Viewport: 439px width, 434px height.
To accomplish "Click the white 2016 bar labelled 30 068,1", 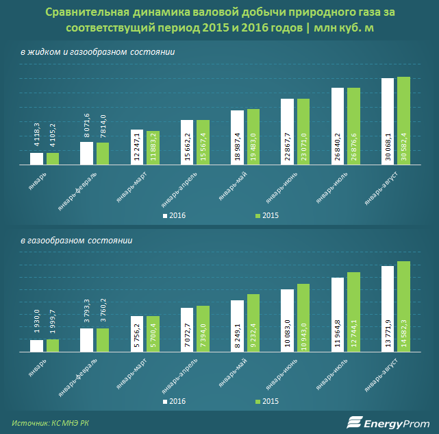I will click(x=388, y=121).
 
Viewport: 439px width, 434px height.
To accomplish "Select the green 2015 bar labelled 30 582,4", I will click(x=403, y=121).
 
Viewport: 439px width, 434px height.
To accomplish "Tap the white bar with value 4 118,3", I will click(x=36, y=158).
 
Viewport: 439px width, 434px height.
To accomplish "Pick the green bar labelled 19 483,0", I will click(x=253, y=137).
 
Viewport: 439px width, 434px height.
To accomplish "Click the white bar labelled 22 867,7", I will click(x=287, y=132).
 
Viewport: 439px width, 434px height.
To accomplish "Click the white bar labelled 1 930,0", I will click(x=36, y=346).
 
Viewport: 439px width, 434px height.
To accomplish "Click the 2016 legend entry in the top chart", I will click(x=175, y=215).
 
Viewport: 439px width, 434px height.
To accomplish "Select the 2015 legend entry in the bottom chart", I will click(x=267, y=402).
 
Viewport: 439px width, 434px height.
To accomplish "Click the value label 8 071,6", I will click(x=87, y=126).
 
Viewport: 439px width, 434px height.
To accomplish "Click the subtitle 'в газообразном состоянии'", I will click(x=76, y=241).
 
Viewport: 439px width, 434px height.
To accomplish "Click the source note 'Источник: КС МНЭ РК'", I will click(x=50, y=422).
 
